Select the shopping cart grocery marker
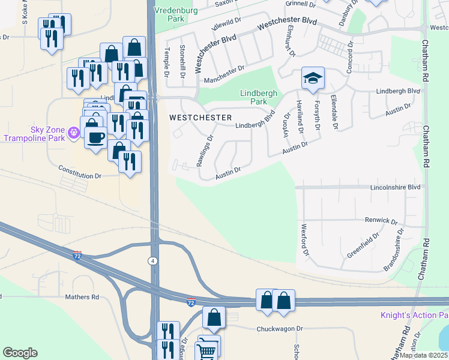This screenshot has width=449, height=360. point(207,349)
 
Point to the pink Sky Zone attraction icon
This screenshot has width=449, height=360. point(74,132)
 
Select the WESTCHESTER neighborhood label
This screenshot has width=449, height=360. point(200,117)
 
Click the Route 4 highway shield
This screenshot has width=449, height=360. point(153,260)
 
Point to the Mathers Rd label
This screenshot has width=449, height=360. point(82,297)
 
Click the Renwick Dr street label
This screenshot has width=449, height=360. point(382,221)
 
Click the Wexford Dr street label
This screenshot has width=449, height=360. point(305,240)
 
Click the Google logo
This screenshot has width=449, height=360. point(20,353)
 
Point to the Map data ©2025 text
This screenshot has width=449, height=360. point(423,355)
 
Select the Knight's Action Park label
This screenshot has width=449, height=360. point(414,316)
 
